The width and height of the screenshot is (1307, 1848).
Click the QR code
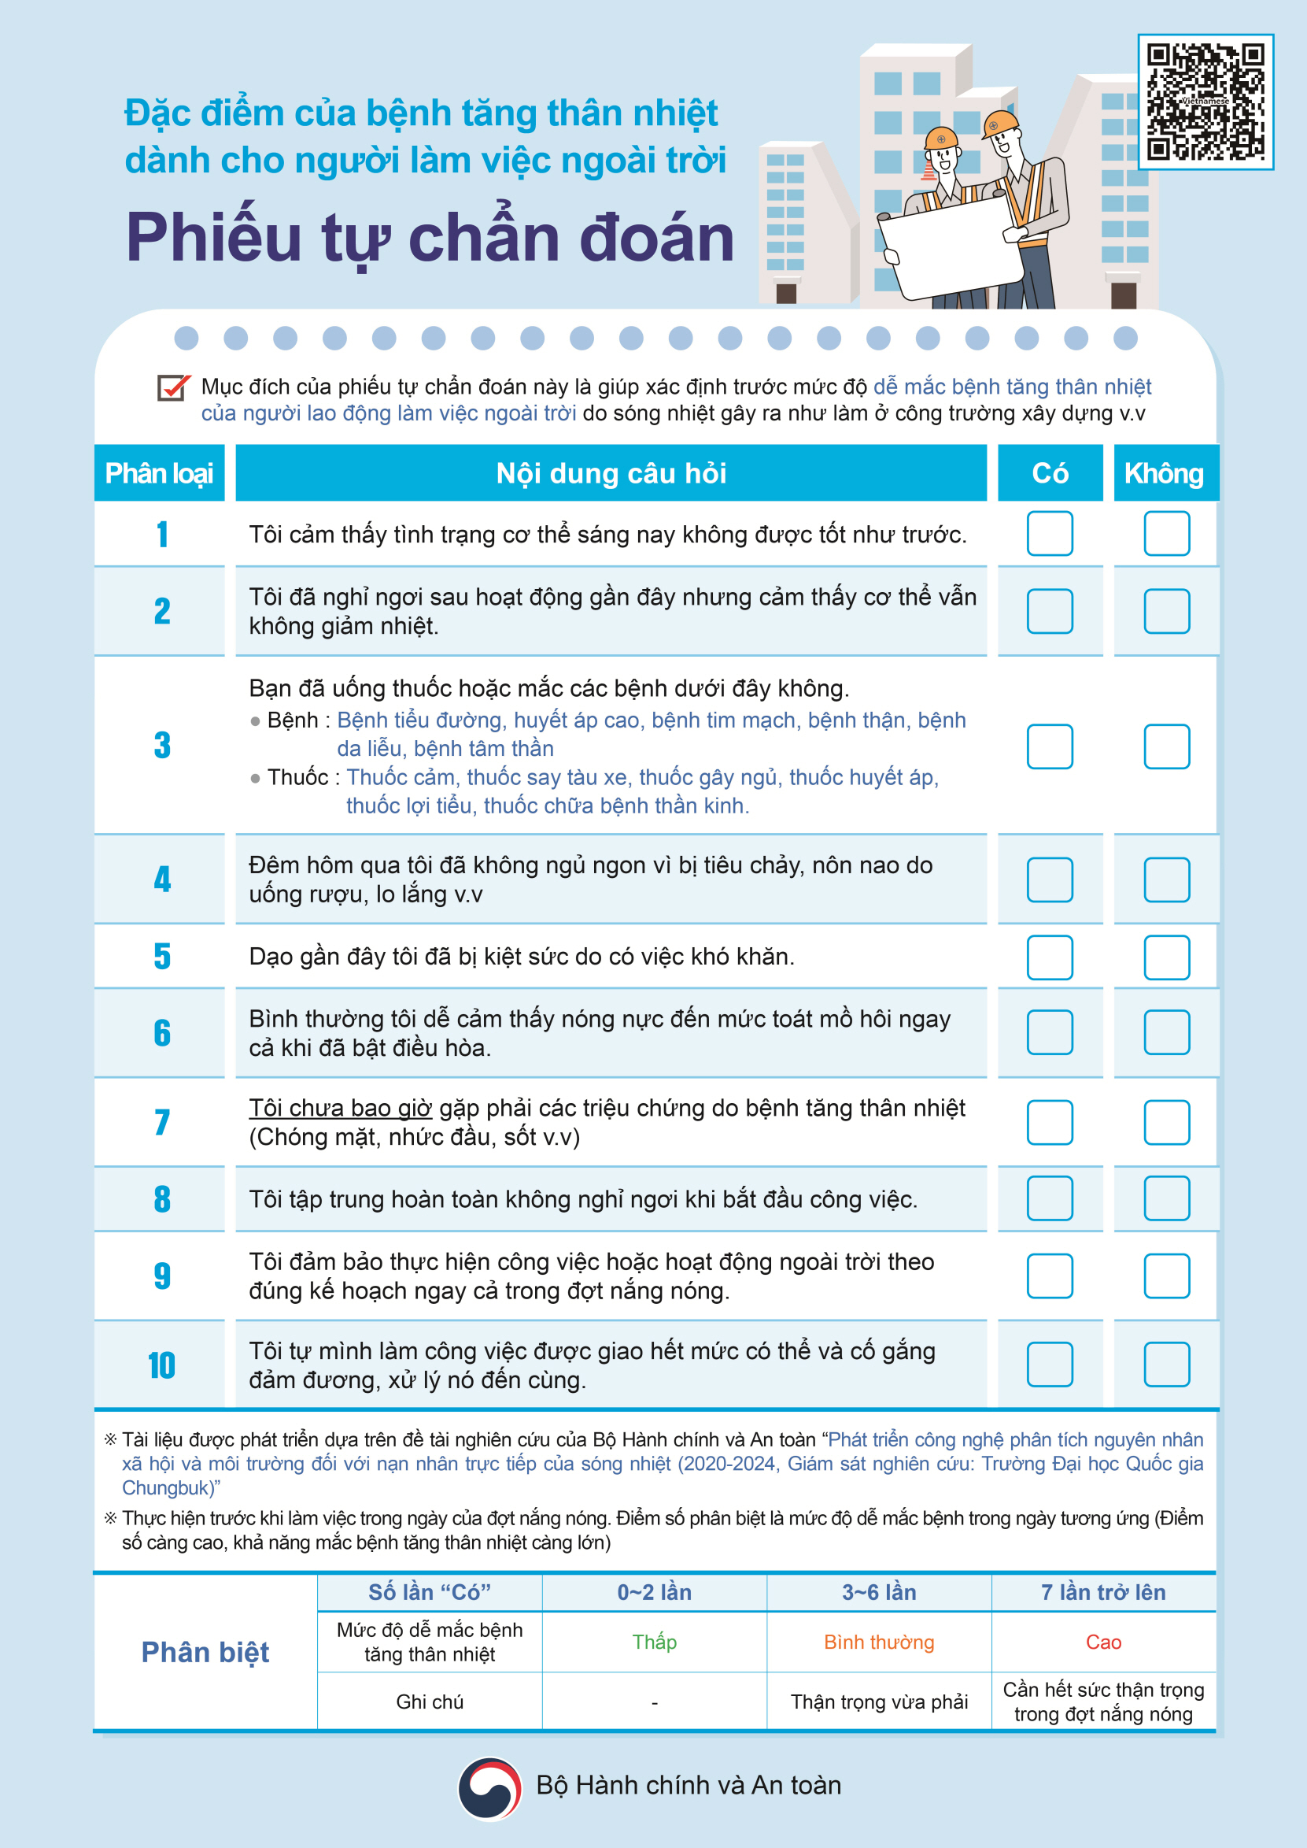click(x=1205, y=102)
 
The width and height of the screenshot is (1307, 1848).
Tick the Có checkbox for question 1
click(x=1050, y=534)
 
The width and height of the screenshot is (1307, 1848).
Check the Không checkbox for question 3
click(x=1166, y=746)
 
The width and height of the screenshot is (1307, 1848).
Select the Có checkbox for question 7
click(x=1050, y=1122)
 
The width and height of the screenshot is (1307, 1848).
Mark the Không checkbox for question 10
click(x=1166, y=1364)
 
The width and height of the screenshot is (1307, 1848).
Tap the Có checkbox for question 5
click(x=1050, y=957)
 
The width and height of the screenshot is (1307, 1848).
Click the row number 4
click(x=163, y=880)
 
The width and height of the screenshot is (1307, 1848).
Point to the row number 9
click(x=163, y=1276)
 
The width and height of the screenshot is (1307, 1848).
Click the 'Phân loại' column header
click(x=160, y=473)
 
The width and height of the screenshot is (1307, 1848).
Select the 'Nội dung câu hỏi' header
click(x=611, y=473)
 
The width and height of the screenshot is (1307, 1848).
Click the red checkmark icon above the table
click(x=173, y=387)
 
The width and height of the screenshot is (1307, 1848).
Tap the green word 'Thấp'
click(x=655, y=1642)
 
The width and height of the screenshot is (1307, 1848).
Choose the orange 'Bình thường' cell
click(x=879, y=1642)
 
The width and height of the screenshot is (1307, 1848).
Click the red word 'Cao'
click(x=1102, y=1642)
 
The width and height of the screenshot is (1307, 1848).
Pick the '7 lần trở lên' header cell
click(x=1102, y=1592)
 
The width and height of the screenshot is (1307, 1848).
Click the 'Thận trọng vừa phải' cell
click(x=879, y=1702)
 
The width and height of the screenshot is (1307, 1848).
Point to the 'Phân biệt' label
click(x=205, y=1651)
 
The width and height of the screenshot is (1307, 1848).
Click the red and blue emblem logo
click(x=489, y=1787)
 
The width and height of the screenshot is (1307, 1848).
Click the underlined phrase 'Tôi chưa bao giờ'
click(x=340, y=1108)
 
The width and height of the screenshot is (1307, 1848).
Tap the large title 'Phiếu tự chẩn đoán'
click(x=430, y=238)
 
